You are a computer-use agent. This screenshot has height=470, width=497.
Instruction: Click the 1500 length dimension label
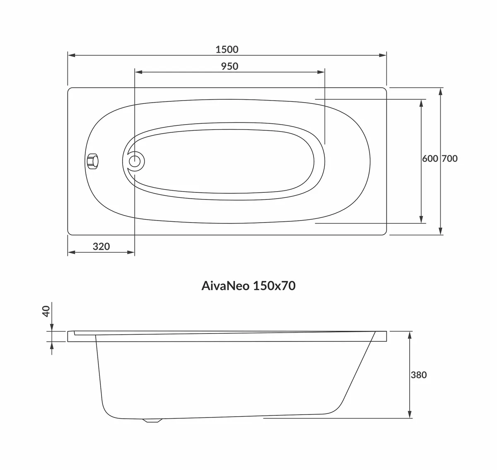227,50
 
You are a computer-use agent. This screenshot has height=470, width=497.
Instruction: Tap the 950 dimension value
229,67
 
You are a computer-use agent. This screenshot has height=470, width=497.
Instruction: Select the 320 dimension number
101,247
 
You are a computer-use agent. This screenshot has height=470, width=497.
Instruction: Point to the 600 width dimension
430,158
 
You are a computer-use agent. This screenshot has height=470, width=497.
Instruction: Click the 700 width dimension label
450,158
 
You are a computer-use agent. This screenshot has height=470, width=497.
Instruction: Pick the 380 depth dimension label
419,375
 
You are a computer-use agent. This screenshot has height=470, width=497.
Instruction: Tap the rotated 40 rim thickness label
46,311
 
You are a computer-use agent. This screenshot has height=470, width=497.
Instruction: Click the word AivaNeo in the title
225,286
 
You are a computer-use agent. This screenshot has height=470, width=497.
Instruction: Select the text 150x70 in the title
274,286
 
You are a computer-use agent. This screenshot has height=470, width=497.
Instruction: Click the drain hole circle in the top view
135,161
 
